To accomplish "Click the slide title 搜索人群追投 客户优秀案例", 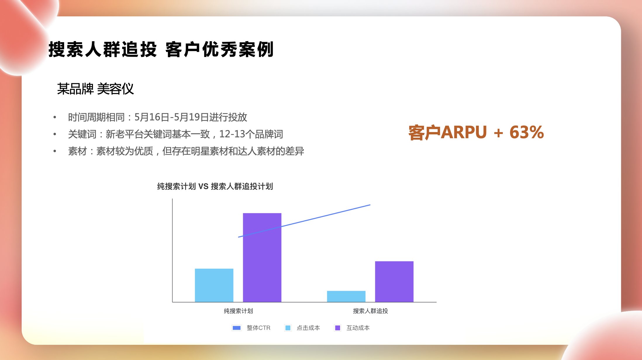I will (x=161, y=49).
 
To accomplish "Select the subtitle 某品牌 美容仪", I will (x=95, y=89).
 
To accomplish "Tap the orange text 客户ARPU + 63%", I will (x=476, y=132).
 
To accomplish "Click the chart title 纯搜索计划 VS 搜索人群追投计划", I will (x=215, y=186).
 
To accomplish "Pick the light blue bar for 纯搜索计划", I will (x=214, y=285).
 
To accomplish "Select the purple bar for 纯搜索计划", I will (x=262, y=257).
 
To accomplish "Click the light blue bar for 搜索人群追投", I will (x=346, y=296).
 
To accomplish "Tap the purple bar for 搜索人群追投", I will (x=394, y=281).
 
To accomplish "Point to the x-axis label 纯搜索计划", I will (x=238, y=311).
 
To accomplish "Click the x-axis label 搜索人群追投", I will (x=370, y=311).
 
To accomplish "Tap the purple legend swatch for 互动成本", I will (x=338, y=328).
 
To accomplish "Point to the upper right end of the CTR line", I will (x=370, y=205).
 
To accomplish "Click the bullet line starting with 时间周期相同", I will (x=158, y=117).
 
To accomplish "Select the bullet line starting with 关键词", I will (x=175, y=134).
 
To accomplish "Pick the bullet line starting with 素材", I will (x=186, y=151).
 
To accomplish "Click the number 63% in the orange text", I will (x=527, y=132).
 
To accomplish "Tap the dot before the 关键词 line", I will (x=55, y=134).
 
